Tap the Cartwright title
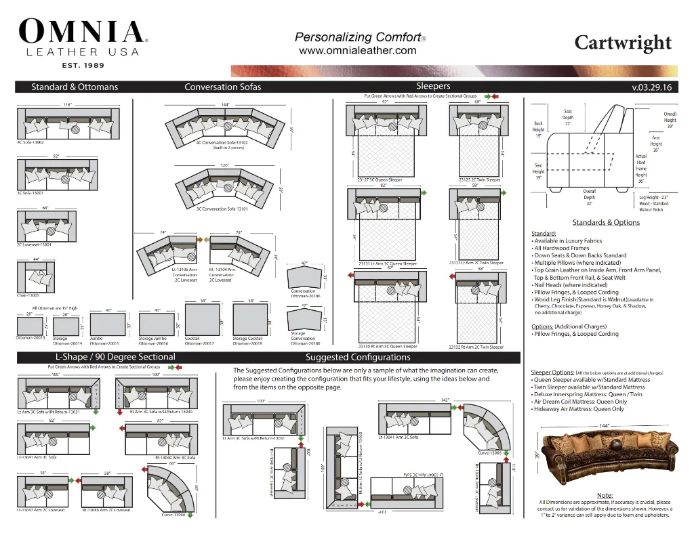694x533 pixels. point(623,43)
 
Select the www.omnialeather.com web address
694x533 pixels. point(357,50)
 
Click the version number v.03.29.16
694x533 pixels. point(651,87)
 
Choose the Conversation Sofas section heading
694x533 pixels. point(222,87)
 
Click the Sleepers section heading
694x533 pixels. point(433,86)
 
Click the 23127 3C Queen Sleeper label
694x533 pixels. point(380,180)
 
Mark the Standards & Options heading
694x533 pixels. point(606,222)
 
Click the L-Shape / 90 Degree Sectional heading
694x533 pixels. point(115,357)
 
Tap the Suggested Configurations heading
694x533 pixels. point(358,357)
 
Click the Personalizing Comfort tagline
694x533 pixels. point(357,37)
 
